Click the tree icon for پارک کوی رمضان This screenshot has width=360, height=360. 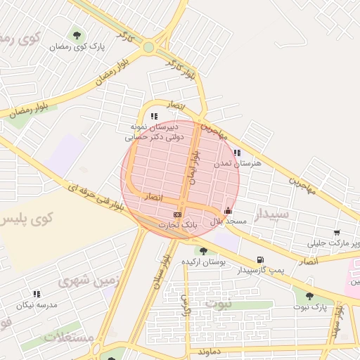pos(77,34)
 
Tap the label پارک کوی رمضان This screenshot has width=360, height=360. pos(77,46)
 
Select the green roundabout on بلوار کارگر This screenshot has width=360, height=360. pos(149,48)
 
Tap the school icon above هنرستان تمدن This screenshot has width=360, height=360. pos(237,152)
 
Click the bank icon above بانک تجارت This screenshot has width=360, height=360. pos(177,214)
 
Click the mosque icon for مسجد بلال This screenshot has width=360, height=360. pos(228,210)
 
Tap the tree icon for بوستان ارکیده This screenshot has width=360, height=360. pos(203,250)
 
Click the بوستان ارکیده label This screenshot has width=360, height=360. pos(203,262)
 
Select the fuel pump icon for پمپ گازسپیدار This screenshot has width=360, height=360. pos(261,259)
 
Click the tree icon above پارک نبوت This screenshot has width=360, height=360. pos(309,296)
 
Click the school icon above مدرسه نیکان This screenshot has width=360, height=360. pos(36,294)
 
